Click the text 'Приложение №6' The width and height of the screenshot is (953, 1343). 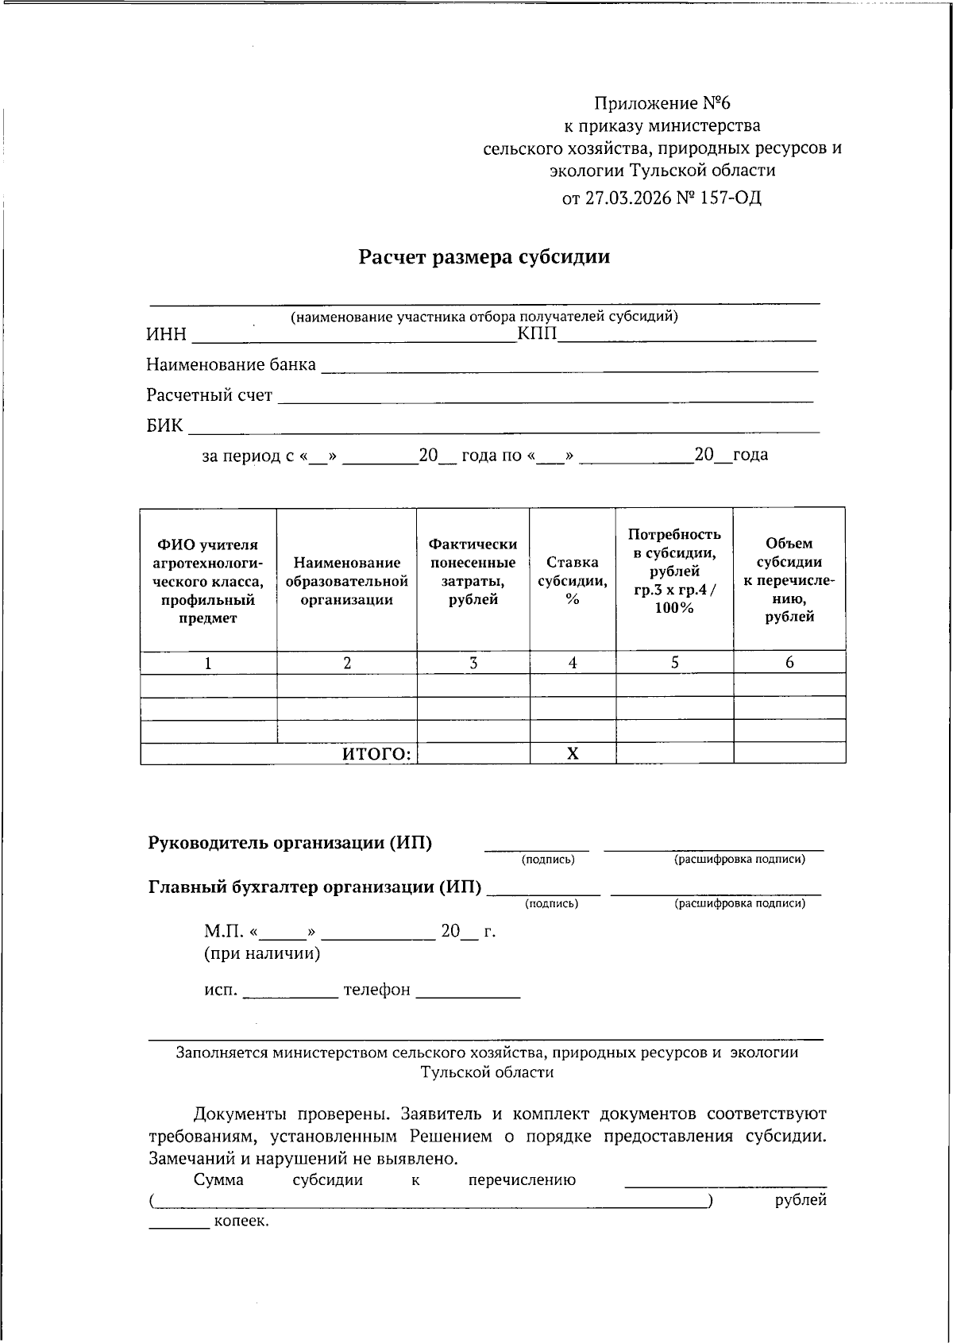click(x=662, y=104)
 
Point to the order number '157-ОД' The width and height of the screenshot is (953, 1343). click(x=730, y=198)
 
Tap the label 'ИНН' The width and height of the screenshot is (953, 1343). click(x=166, y=335)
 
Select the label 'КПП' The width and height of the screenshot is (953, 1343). click(x=537, y=335)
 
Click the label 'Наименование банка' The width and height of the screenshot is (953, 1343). click(x=230, y=365)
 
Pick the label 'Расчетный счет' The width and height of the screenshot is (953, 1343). click(x=209, y=395)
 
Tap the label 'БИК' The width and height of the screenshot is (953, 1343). click(x=164, y=426)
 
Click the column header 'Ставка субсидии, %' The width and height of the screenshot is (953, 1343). click(x=573, y=580)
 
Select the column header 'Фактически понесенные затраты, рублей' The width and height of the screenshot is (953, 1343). click(x=473, y=571)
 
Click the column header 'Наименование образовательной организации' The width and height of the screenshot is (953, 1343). click(x=346, y=581)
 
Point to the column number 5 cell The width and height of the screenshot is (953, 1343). click(x=674, y=663)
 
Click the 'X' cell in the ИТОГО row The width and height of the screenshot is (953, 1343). click(x=573, y=754)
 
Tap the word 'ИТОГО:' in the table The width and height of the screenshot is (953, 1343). click(x=377, y=754)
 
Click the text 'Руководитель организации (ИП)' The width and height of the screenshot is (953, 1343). click(x=290, y=843)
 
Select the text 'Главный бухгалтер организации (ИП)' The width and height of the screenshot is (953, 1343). click(x=314, y=887)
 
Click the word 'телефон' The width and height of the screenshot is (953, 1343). click(x=376, y=990)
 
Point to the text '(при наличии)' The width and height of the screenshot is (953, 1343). click(x=262, y=953)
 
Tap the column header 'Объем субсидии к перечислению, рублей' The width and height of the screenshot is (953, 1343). click(x=789, y=580)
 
